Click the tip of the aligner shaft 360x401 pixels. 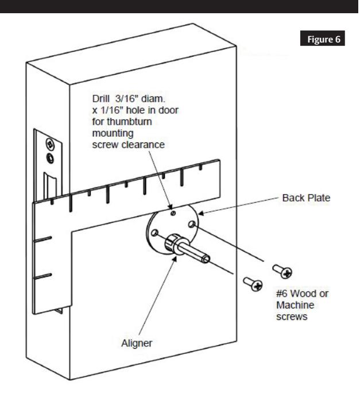[x=207, y=260]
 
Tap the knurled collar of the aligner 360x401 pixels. [x=174, y=244]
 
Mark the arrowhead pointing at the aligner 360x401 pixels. [x=172, y=256]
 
